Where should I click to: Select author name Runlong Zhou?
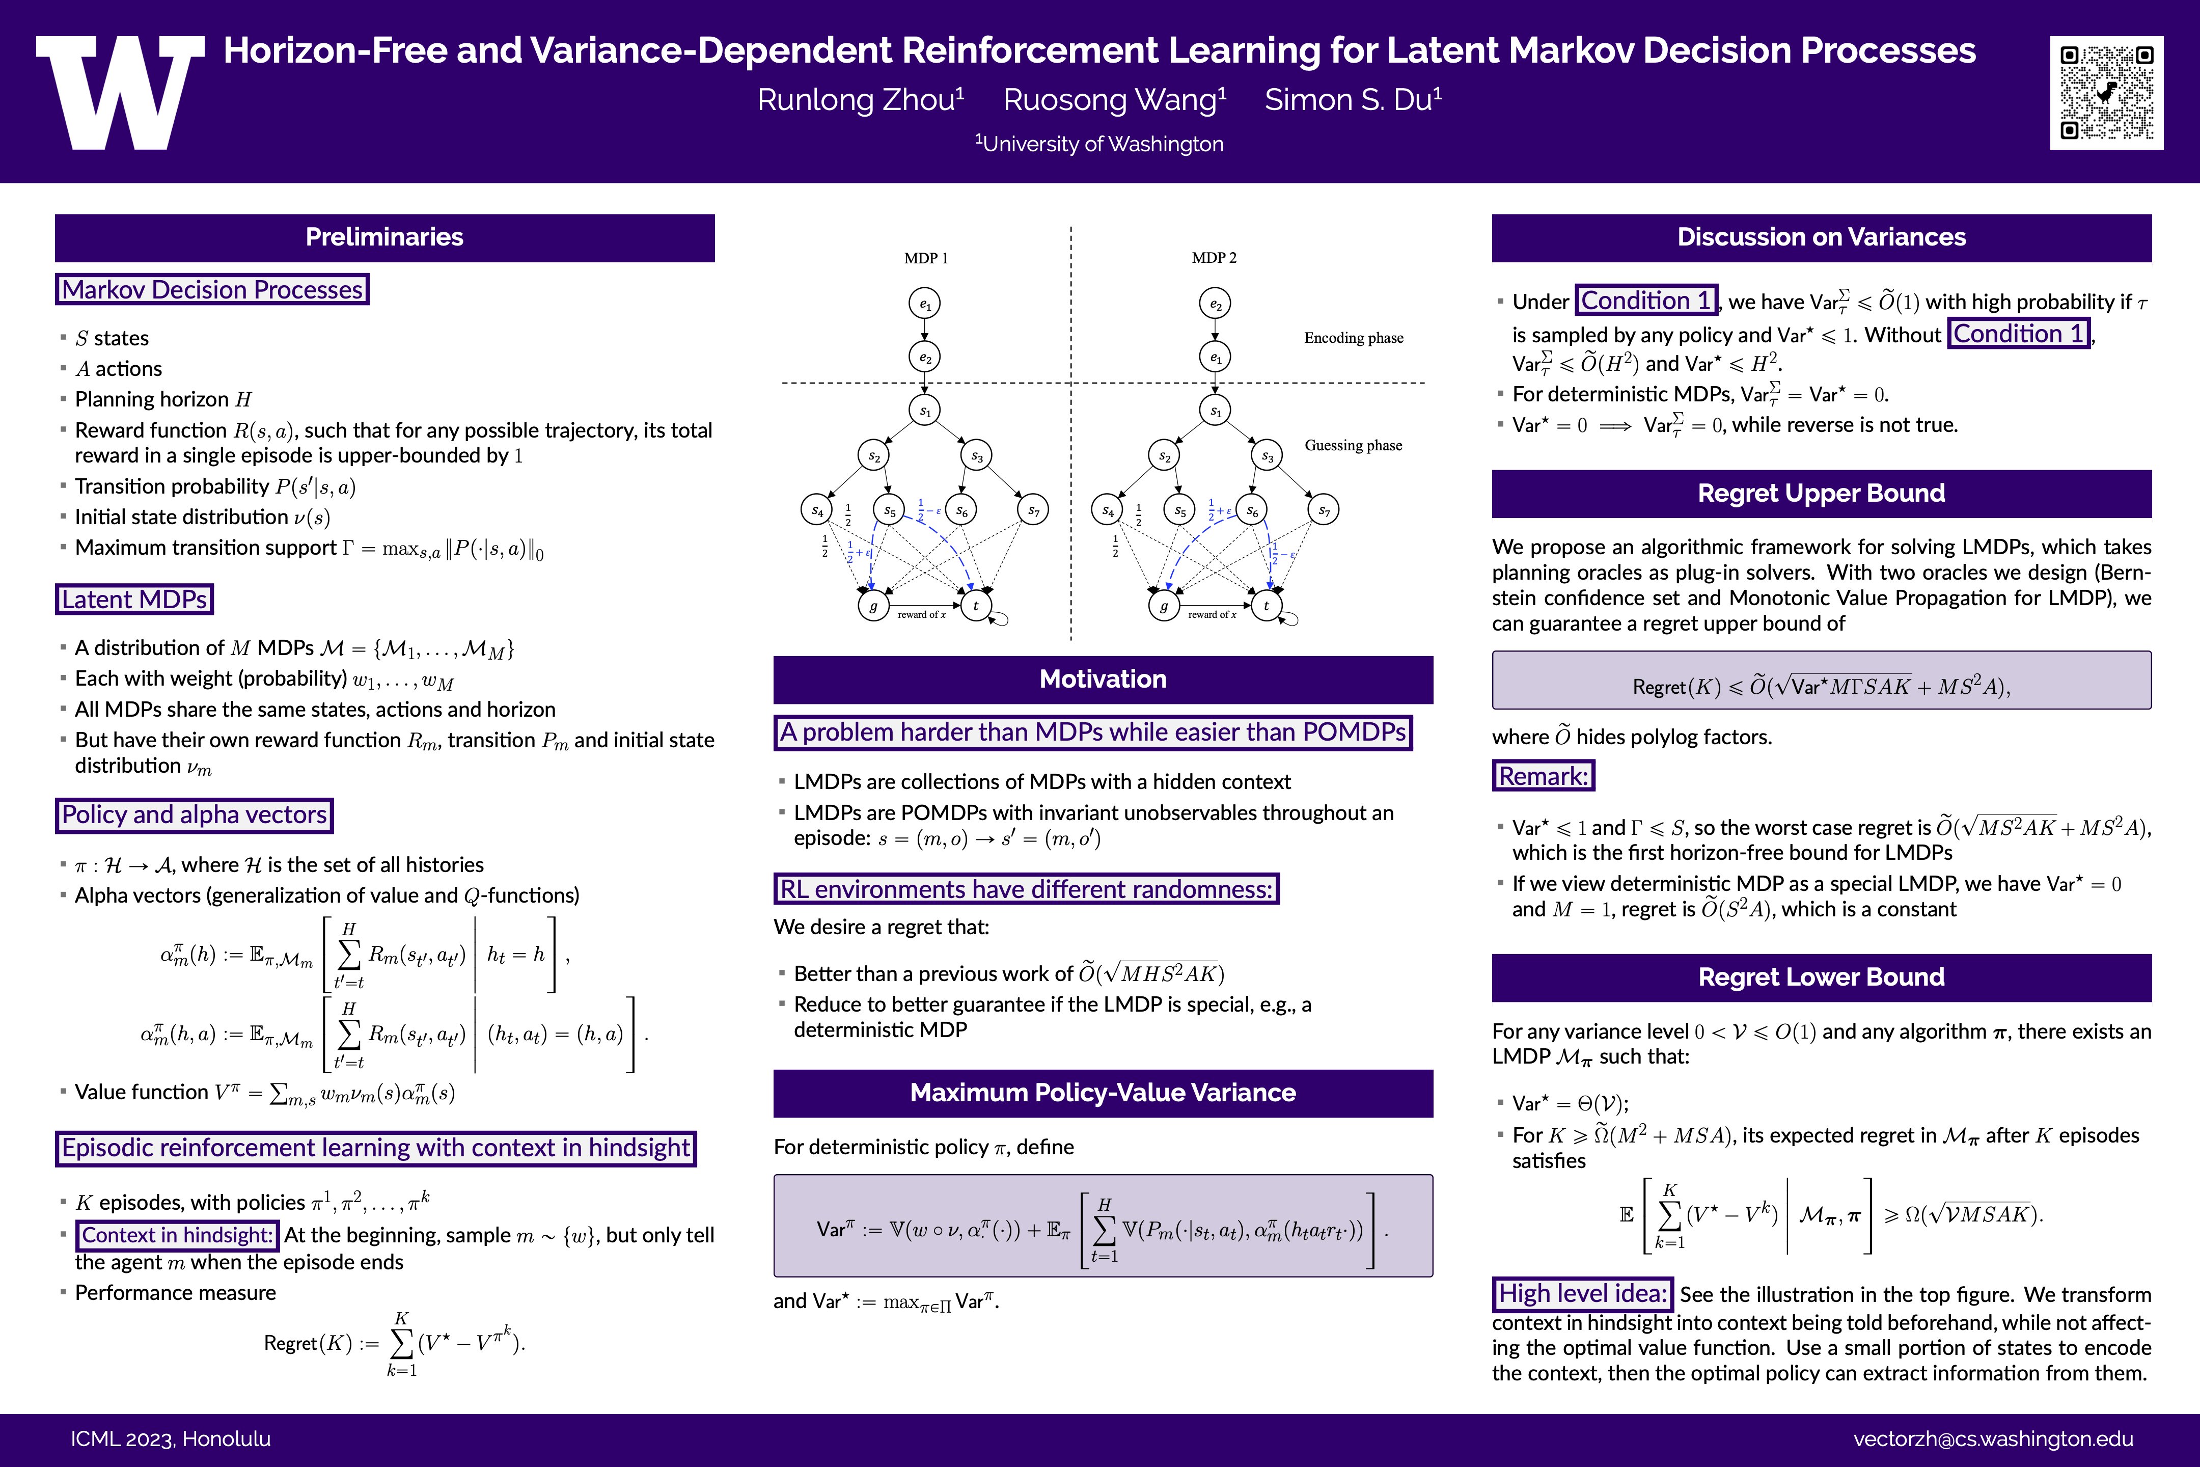(x=861, y=99)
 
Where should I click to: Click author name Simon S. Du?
(x=1353, y=99)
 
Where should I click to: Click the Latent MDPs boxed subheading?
(x=134, y=599)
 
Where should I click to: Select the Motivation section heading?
(x=1103, y=679)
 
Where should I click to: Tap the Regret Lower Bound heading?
(x=1821, y=977)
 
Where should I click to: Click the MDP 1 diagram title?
(x=926, y=258)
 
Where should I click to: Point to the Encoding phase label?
(x=1354, y=338)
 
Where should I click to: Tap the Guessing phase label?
(x=1354, y=445)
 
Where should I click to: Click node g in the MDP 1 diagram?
(x=873, y=606)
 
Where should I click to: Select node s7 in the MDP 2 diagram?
(x=1324, y=510)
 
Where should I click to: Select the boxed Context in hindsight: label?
(x=177, y=1236)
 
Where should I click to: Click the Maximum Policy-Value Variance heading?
(x=1103, y=1093)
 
